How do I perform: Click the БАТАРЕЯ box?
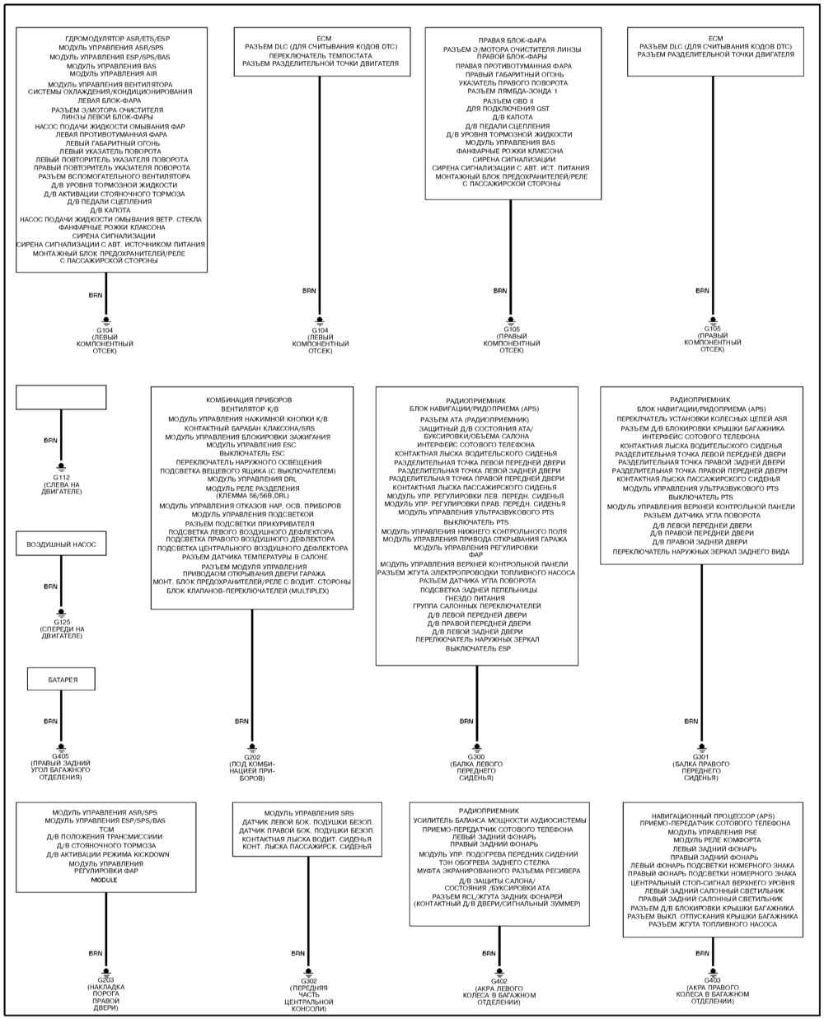point(61,679)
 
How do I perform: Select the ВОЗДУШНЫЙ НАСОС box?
point(61,544)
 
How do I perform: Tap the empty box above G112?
point(61,397)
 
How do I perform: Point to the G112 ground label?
point(61,478)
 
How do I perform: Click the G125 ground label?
point(62,622)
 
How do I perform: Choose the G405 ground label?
point(61,756)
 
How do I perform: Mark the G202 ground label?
point(252,757)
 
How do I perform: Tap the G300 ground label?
point(476,757)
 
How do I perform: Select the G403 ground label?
point(712,979)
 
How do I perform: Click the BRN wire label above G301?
point(691,721)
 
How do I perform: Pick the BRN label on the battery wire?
point(50,721)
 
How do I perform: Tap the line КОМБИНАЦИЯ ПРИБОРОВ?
point(249,400)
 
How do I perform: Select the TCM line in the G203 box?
point(106,829)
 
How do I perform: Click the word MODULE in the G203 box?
point(105,880)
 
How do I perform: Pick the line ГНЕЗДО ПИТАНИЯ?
point(475,598)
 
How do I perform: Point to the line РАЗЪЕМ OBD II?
point(508,101)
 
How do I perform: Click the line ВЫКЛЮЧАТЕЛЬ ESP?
point(478,648)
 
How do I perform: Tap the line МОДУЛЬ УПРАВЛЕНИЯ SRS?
point(309,813)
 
